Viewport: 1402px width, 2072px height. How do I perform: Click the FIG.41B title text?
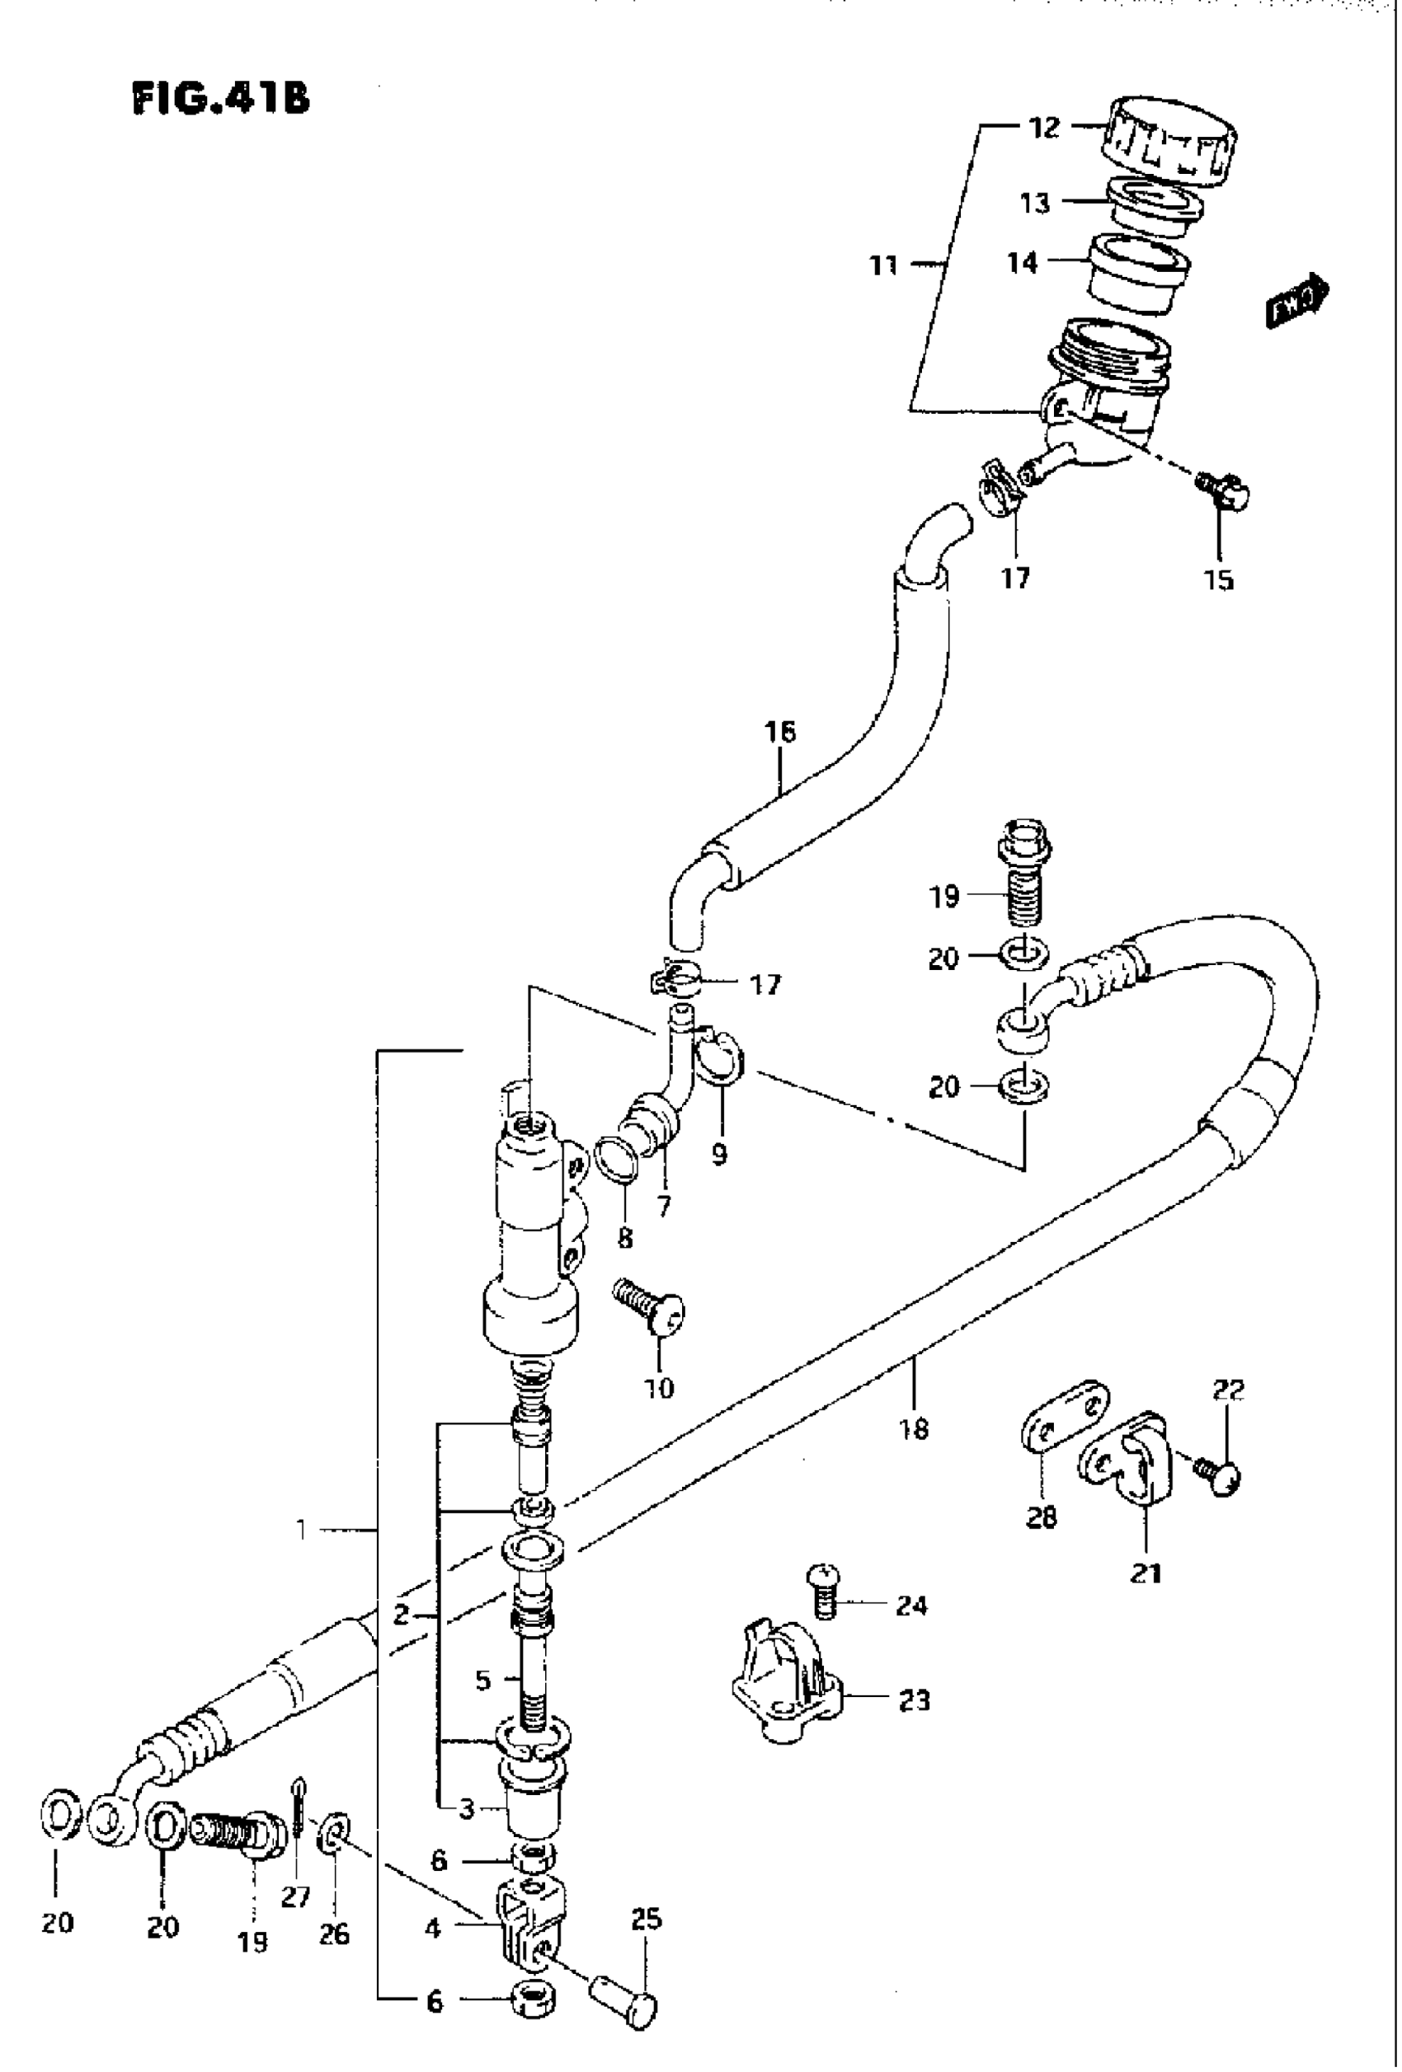(x=220, y=98)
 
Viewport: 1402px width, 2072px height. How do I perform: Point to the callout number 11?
(x=884, y=265)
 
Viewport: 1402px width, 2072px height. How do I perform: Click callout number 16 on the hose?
(x=779, y=733)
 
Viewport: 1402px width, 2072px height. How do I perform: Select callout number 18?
(x=914, y=1429)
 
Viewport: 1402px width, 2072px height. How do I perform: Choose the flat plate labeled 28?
(x=1063, y=1421)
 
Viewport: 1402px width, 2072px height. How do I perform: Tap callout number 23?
(x=914, y=1701)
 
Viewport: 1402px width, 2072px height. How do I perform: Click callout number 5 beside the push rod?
(x=482, y=1681)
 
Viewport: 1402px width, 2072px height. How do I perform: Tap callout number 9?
(x=719, y=1154)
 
